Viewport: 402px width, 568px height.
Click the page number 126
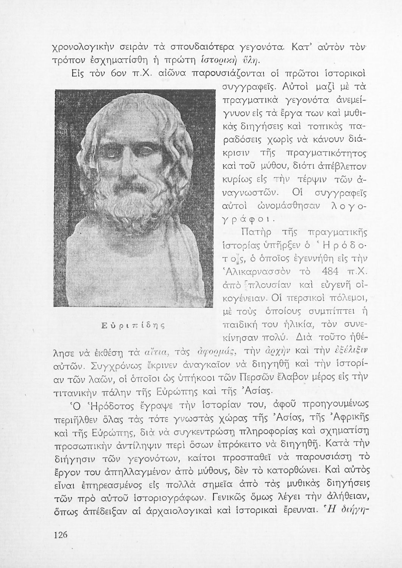tap(61, 535)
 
